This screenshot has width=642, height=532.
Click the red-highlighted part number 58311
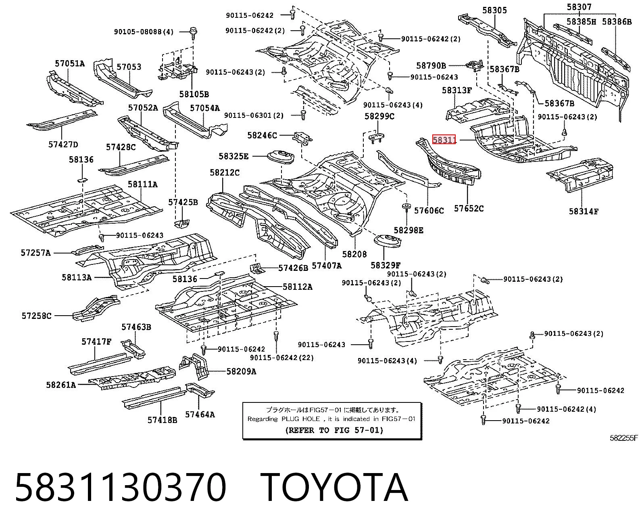(444, 140)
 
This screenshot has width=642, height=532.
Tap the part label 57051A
(70, 63)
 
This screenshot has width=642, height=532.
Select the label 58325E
(233, 156)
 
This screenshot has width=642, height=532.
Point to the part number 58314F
(583, 212)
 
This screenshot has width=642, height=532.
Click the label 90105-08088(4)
(144, 32)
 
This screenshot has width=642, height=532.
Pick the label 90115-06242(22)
(281, 358)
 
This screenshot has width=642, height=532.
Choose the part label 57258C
(36, 316)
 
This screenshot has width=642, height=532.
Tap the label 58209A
(242, 372)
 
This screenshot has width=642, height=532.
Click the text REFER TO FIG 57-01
(334, 430)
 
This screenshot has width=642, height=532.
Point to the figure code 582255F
(623, 438)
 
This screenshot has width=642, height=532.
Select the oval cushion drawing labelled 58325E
(280, 157)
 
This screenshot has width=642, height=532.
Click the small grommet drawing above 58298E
(406, 207)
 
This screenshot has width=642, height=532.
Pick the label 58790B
(431, 65)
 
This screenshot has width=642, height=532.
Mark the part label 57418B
(163, 420)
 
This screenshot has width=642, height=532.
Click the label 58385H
(581, 21)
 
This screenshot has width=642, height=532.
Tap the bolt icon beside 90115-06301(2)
(303, 115)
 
